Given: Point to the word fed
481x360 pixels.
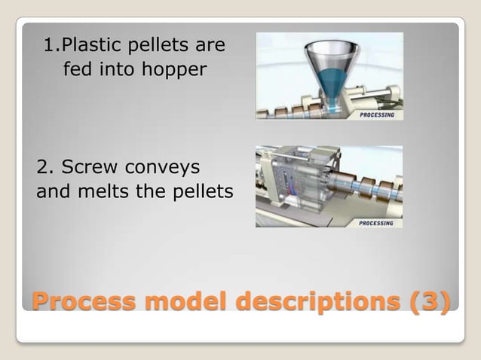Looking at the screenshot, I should tap(77, 71).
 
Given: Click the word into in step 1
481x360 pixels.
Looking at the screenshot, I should tap(121, 71).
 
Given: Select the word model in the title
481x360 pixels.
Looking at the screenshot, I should tap(186, 302).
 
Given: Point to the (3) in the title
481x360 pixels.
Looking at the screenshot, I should tap(430, 302).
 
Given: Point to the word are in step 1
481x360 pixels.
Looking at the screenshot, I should tap(210, 46).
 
